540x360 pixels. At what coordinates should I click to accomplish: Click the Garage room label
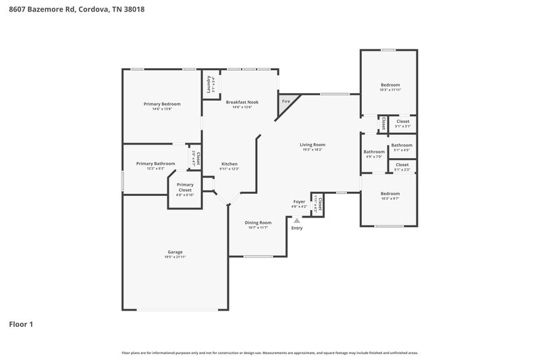point(174,252)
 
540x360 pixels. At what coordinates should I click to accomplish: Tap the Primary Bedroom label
point(161,103)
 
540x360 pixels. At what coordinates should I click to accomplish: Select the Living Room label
point(313,144)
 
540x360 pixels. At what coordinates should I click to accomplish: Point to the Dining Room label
point(258,222)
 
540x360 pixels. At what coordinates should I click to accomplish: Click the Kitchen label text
point(230,164)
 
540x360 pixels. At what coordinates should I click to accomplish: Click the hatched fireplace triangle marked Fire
point(284,102)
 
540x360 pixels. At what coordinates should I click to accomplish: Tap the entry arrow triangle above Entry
point(296,220)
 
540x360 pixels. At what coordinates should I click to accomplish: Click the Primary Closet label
point(185,187)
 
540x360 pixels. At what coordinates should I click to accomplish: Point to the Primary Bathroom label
point(155,163)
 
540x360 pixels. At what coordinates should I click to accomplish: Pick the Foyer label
point(299,201)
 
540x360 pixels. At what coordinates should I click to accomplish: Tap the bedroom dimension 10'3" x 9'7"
point(390,199)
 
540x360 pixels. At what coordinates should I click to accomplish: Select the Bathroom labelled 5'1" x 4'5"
point(402,145)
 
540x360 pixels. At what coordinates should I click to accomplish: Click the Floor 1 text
point(21,324)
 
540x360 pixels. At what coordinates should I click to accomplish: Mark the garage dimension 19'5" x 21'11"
point(174,257)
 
